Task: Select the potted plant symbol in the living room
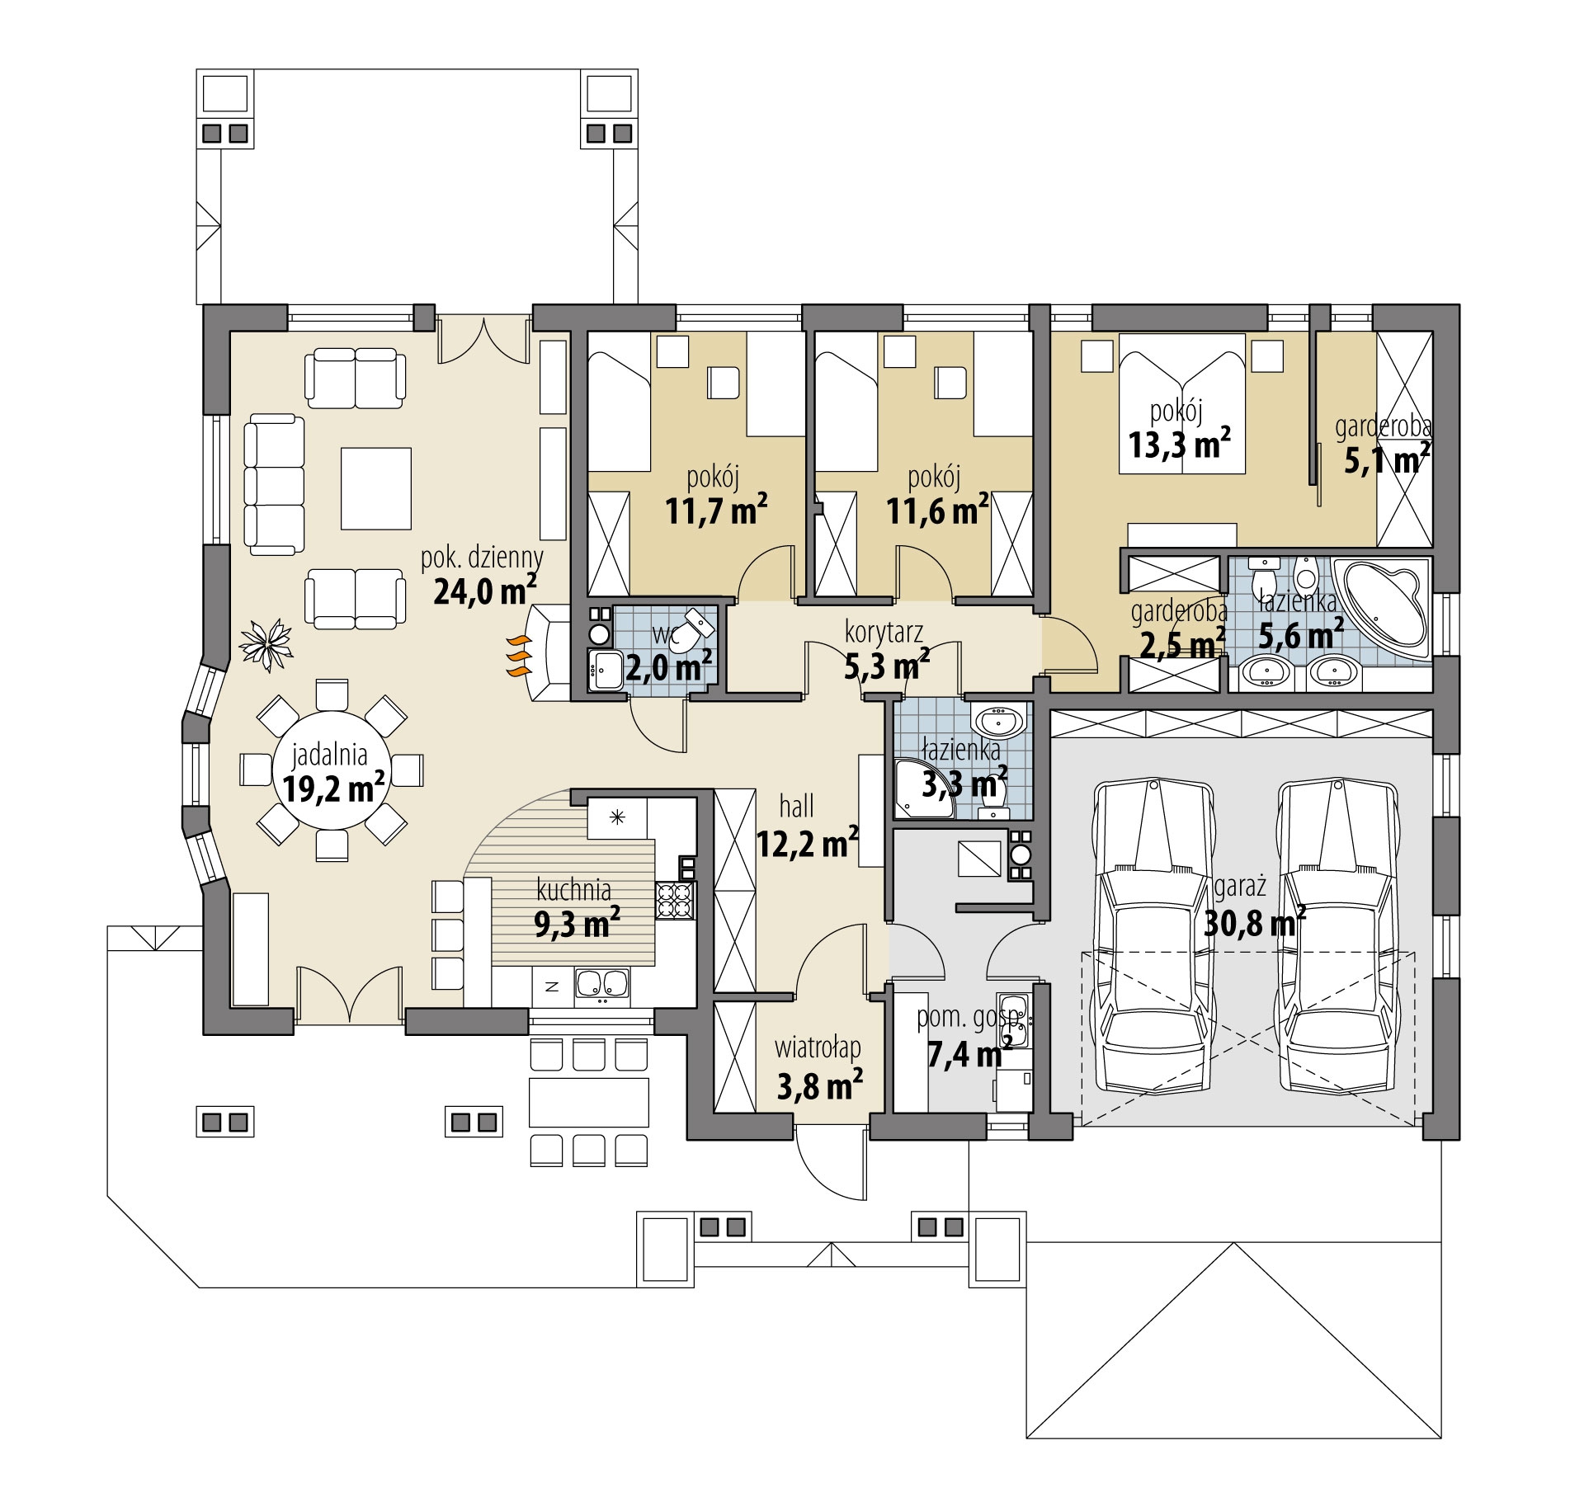[x=266, y=643]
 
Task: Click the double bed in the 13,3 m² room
[x=1181, y=403]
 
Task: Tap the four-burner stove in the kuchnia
[x=676, y=901]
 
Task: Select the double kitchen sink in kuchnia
[x=601, y=983]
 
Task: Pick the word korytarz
[x=884, y=633]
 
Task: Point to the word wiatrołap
[x=818, y=1047]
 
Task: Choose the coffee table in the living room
[x=376, y=488]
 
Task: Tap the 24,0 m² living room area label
[x=485, y=591]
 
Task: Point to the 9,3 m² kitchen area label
[x=578, y=923]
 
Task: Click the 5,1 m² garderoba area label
[x=1387, y=460]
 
